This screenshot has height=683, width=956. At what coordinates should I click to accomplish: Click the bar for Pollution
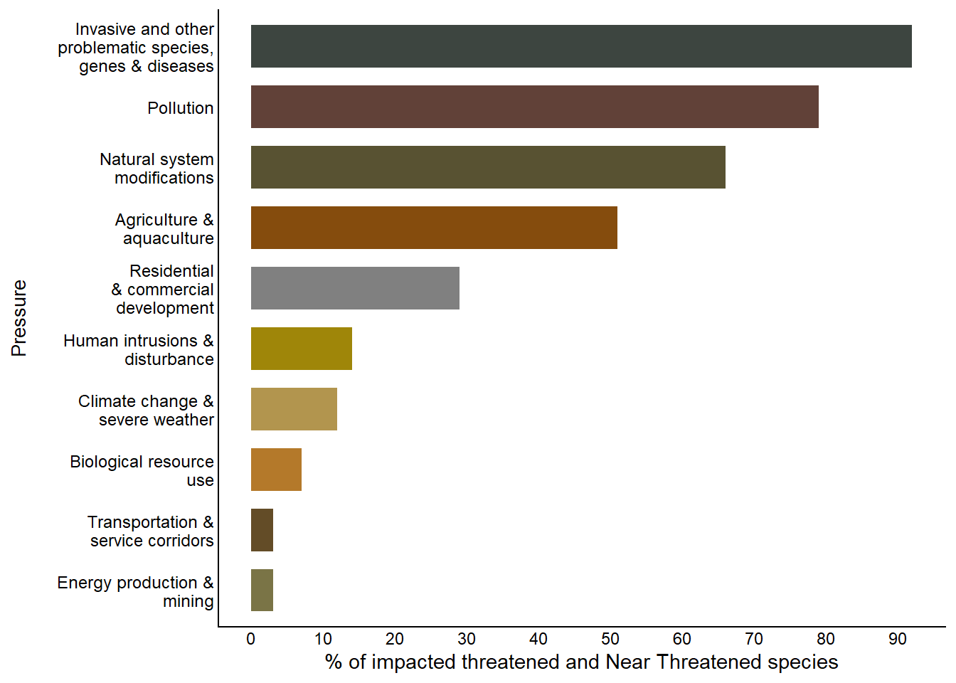point(534,107)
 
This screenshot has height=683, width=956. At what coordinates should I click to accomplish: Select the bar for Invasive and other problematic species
point(581,46)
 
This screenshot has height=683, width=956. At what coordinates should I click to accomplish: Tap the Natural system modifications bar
point(488,167)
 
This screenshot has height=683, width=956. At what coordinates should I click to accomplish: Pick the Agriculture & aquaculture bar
point(434,228)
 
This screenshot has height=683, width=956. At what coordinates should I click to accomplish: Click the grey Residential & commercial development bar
point(355,288)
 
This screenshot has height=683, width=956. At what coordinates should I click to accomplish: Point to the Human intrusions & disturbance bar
point(302,349)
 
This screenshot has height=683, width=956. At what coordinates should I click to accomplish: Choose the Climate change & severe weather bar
point(294,409)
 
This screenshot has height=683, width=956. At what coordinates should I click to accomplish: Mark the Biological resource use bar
point(276,470)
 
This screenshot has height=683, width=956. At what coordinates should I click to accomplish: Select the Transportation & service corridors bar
point(262,530)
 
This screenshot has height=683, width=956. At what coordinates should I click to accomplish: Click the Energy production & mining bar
point(262,591)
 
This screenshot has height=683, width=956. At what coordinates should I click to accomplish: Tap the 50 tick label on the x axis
point(610,639)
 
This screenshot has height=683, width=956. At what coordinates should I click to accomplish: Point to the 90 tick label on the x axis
point(898,639)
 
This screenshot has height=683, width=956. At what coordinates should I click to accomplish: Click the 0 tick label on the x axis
point(251,639)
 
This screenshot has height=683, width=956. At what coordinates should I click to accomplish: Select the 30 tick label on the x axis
point(467,639)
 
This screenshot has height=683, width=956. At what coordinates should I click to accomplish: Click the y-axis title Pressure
point(19,318)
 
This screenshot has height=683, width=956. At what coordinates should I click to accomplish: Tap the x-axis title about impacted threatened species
point(581,662)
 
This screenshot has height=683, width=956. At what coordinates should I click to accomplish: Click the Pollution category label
point(181,108)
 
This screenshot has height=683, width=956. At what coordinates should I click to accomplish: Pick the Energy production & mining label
point(136,592)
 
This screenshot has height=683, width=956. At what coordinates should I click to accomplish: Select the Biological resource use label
point(142,471)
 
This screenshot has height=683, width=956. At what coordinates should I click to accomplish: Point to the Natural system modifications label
point(157,169)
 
